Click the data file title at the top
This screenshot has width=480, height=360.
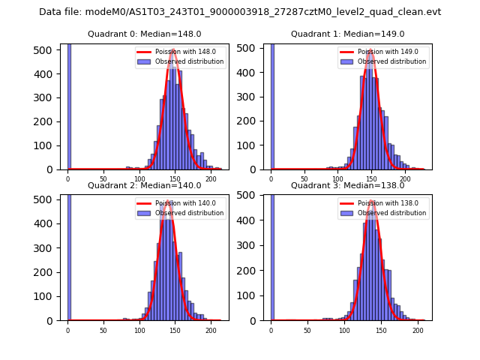[240, 12]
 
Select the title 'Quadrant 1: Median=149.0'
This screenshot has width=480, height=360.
[347, 34]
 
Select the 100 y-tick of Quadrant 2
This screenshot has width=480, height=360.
[48, 296]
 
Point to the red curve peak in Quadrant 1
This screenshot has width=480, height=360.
[371, 51]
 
